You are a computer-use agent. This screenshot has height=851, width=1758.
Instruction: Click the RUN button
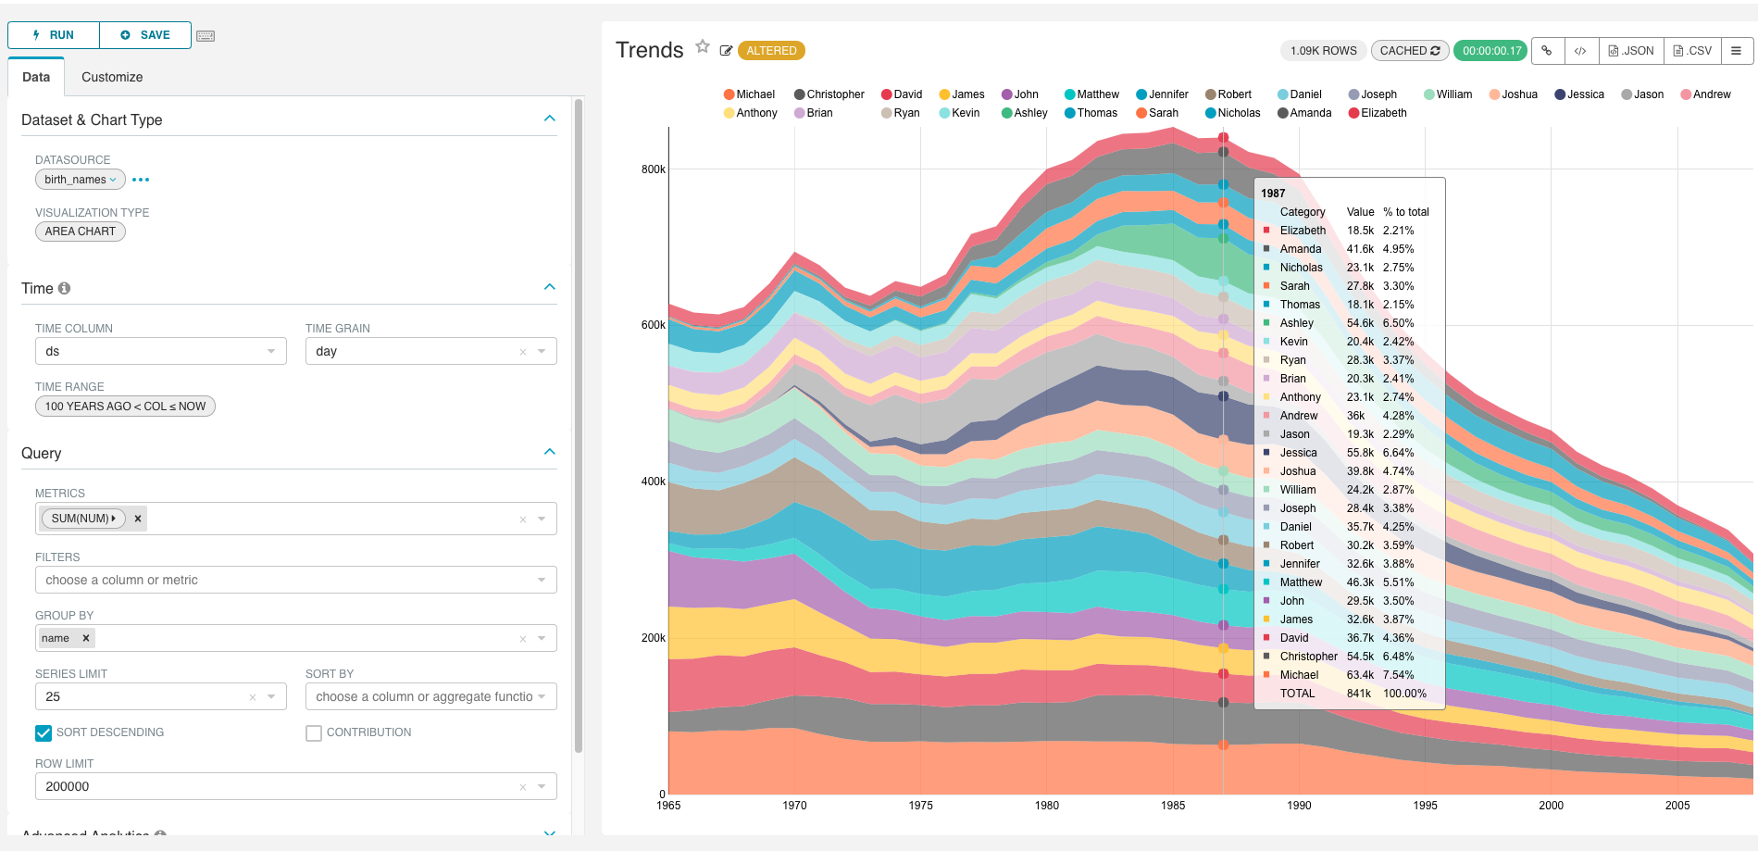point(54,35)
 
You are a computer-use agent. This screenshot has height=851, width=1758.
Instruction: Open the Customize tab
point(112,77)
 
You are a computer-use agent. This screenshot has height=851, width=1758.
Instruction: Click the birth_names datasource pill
point(80,180)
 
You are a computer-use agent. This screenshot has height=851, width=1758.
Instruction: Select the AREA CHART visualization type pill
point(81,232)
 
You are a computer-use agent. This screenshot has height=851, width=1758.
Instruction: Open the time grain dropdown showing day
point(430,351)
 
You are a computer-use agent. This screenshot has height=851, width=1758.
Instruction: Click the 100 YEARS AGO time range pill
point(125,406)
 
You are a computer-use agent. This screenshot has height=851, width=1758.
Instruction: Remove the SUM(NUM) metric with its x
point(138,519)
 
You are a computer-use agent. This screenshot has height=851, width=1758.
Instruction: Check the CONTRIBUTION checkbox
point(314,732)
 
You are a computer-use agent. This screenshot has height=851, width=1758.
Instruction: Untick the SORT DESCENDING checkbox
point(44,732)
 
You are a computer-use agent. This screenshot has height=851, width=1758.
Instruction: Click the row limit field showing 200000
point(278,786)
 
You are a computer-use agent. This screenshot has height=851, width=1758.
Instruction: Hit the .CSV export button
point(1692,51)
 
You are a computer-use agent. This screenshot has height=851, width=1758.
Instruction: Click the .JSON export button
point(1631,51)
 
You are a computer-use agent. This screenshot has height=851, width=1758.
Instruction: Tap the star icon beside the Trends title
point(703,46)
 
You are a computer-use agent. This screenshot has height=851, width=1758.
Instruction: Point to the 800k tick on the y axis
point(654,169)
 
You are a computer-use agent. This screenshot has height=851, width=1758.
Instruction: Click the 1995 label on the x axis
point(1425,806)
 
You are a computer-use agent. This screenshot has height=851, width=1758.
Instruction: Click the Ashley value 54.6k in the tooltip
point(1360,323)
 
